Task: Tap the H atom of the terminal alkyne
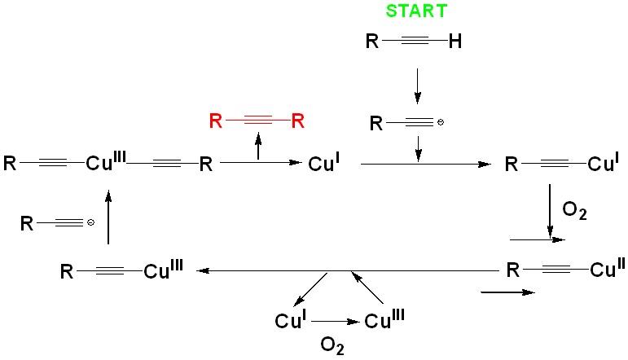[455, 42]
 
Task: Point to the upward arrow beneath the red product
[259, 148]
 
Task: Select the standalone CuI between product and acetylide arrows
[325, 165]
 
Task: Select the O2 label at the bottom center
[332, 348]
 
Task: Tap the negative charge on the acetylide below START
[441, 124]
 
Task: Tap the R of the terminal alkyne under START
[373, 42]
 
